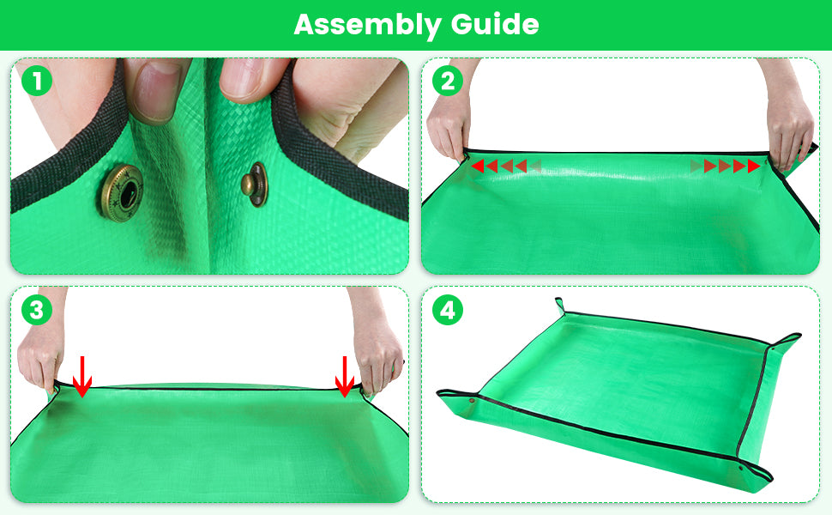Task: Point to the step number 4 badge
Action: pos(447,311)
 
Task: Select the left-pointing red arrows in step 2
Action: pos(505,166)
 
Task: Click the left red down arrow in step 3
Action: pos(81,378)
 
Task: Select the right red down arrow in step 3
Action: pos(345,378)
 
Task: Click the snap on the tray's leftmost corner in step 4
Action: pos(474,400)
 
